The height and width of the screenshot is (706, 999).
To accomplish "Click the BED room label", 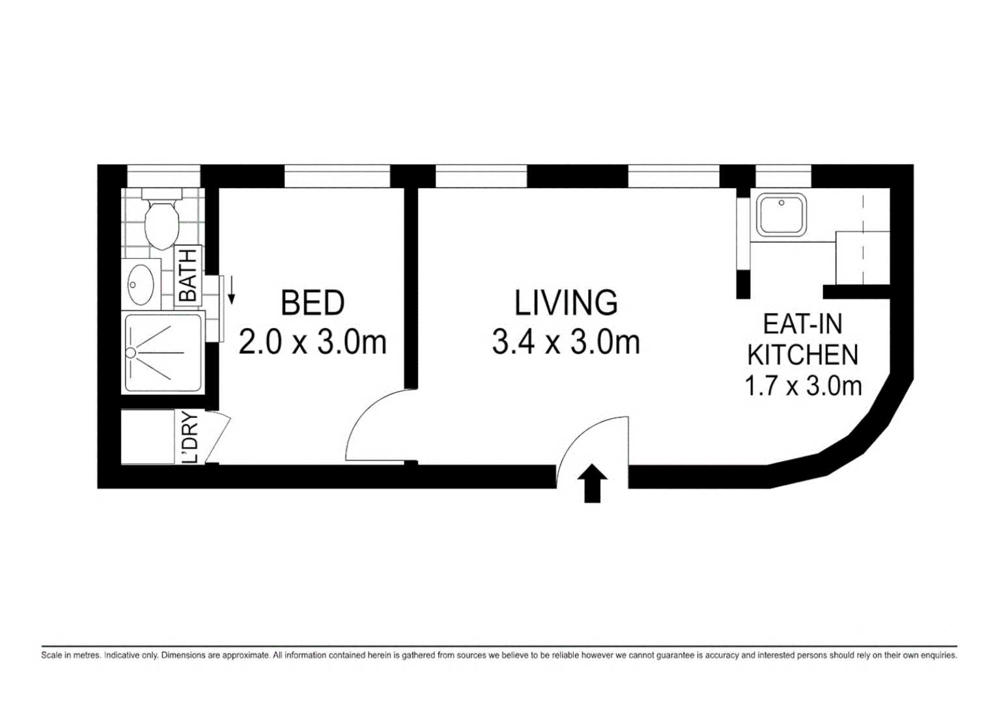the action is pos(313,303).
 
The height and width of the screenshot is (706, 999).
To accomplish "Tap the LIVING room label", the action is pos(566,303).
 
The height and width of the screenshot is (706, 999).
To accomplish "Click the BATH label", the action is pos(188,275).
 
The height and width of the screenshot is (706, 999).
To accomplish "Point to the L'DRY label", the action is pos(190,437).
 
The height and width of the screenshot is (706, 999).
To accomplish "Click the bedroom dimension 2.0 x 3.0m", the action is pos(313,342).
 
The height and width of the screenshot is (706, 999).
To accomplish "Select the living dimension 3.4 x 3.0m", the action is pos(566,342).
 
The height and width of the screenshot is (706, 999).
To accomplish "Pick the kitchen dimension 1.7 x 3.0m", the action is pos(803,386).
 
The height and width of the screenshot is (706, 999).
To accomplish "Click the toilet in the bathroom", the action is pos(162,218).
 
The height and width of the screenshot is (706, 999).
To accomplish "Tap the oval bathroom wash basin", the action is pos(141,284).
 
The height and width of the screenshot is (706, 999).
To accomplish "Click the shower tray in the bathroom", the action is pos(163,353).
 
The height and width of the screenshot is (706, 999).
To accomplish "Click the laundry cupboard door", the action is pos(218,437).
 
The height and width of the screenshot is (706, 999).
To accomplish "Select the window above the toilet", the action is pos(163,176).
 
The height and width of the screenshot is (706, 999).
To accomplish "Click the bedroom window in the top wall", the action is pos(337,176).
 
